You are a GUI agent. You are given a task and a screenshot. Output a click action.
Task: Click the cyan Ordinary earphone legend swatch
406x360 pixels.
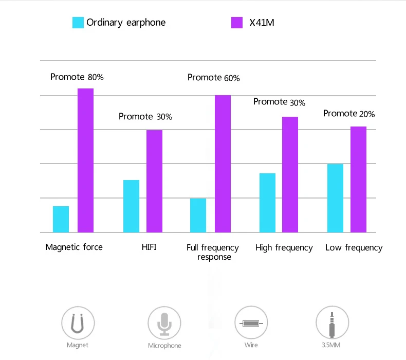point(78,23)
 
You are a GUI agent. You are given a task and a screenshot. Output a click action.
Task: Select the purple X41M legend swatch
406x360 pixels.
point(236,23)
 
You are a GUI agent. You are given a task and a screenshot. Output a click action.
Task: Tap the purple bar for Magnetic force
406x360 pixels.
point(85,160)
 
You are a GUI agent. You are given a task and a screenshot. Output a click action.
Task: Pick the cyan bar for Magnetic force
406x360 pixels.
point(61,219)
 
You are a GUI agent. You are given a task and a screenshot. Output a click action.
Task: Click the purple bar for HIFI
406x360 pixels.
point(154,181)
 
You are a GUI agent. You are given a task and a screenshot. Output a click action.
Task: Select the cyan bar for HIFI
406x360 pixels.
point(131,206)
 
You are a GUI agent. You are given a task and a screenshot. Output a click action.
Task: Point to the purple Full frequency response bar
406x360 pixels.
point(223,164)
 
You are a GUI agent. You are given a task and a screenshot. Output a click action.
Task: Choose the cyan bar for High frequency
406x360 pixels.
point(267,203)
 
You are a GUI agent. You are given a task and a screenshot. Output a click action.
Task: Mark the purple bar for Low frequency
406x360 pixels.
point(358,179)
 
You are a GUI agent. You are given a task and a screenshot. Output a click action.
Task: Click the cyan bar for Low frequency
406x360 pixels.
point(335,198)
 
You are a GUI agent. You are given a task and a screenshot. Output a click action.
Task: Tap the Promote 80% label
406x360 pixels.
point(77,77)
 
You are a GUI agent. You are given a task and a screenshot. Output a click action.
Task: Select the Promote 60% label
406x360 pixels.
point(214,78)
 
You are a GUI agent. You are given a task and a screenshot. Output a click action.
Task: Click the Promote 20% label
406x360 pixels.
point(349,114)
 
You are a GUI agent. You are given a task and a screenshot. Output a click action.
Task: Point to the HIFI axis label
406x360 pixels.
point(149,247)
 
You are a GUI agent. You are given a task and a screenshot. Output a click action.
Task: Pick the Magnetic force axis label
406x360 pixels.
point(74,247)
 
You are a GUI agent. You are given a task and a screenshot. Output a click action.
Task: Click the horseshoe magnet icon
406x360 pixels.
point(78,322)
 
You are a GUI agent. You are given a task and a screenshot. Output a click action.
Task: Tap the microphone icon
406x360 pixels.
point(164,322)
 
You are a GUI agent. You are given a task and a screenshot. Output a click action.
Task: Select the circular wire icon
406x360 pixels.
point(251,322)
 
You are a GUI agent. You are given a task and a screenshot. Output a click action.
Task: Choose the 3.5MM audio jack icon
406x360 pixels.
point(332,322)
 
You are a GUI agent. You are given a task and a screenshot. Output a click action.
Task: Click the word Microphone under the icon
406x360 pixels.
point(164,346)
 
